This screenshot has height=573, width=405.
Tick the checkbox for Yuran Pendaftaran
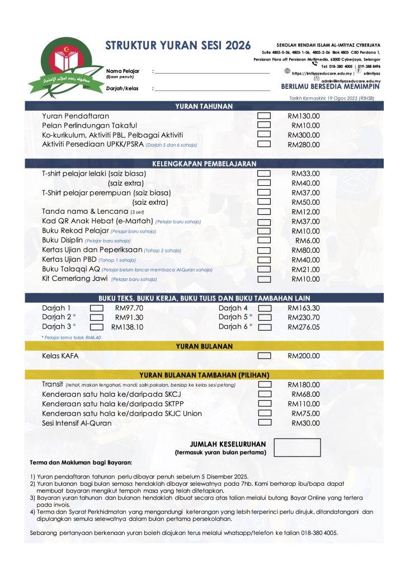263,116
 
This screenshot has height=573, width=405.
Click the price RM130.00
304,116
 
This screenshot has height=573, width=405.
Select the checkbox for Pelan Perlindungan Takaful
263,125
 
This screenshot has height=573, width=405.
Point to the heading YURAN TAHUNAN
204,106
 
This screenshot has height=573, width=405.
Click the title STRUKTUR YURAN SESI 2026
178,45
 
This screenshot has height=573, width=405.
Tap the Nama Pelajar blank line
212,72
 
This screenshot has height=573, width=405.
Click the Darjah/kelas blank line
212,89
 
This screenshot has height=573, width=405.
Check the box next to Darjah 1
97,308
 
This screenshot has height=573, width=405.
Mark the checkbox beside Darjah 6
265,327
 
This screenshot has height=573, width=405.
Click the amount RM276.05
304,327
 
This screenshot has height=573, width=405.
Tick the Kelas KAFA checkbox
263,355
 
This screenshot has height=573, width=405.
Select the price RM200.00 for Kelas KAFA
304,355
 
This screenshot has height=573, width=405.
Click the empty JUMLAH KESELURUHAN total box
297,448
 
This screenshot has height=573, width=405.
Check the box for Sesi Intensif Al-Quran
263,423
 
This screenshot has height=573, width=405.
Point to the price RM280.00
304,144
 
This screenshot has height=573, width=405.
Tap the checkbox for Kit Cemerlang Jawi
263,278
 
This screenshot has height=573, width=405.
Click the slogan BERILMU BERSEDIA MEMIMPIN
330,87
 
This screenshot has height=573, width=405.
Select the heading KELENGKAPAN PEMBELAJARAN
204,163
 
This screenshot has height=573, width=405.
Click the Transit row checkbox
263,385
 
